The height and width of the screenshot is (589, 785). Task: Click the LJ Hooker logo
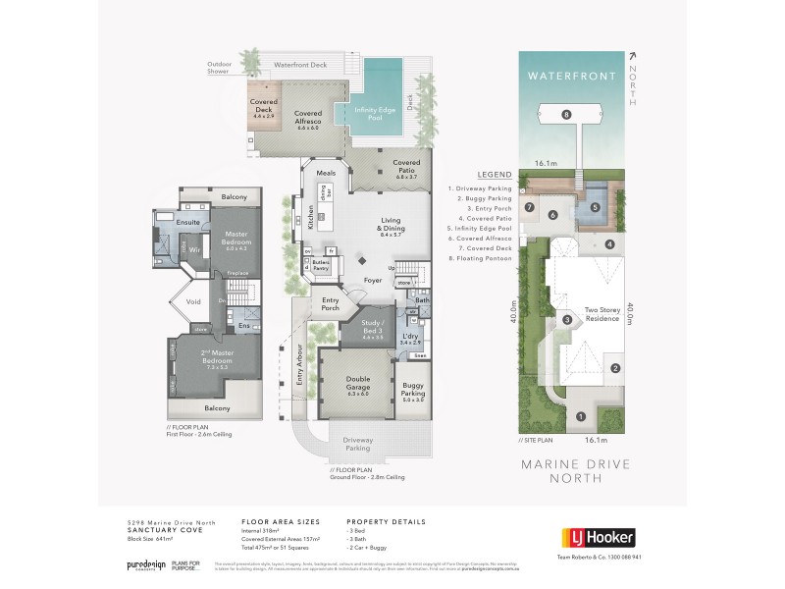tap(598, 537)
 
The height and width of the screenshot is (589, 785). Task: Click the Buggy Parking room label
tap(411, 396)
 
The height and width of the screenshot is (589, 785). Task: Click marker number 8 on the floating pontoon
tap(567, 115)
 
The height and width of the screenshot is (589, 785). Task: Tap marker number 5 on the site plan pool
tap(595, 207)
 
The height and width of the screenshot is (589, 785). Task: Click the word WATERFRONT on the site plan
tap(571, 76)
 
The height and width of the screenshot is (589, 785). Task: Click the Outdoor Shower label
tap(221, 68)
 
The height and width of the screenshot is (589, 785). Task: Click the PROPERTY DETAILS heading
tap(387, 523)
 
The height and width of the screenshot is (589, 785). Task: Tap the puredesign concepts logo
tap(144, 566)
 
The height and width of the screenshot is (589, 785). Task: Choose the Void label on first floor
tap(193, 301)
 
